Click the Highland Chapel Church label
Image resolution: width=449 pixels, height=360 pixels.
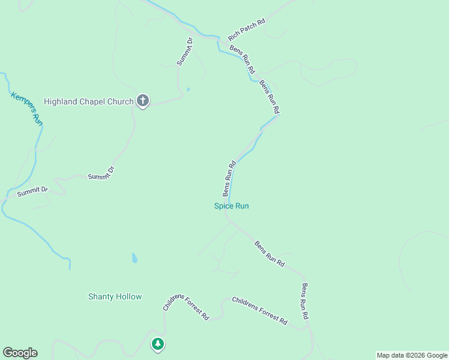(x=88, y=101)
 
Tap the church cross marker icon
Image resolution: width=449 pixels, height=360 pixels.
(x=143, y=101)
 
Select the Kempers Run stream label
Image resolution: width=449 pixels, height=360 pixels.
(x=27, y=108)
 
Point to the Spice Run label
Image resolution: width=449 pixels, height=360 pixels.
(x=232, y=206)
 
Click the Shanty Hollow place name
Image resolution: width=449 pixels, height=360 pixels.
(x=115, y=296)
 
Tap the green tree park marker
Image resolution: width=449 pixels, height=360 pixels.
(x=157, y=344)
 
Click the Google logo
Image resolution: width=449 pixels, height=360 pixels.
(x=20, y=353)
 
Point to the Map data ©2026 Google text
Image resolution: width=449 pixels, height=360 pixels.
(x=411, y=355)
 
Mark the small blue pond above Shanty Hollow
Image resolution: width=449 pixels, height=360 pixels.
(x=134, y=259)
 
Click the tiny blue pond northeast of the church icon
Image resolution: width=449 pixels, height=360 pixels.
(x=188, y=90)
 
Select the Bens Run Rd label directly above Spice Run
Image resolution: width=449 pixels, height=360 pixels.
(x=229, y=178)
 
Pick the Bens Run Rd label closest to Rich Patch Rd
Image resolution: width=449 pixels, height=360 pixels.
(x=243, y=59)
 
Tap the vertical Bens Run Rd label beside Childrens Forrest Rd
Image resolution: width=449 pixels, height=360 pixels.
(x=305, y=301)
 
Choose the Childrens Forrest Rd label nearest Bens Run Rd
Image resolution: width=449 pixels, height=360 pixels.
(x=259, y=311)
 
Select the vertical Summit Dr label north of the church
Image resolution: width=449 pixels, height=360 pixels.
(x=184, y=52)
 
